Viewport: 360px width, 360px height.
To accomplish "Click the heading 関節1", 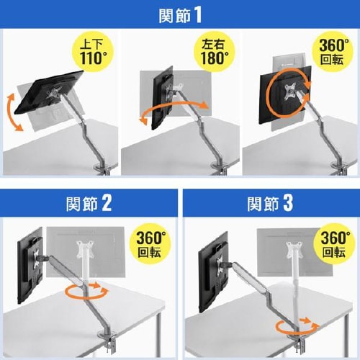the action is [180, 15].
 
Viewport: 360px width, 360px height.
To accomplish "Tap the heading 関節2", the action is [89, 203].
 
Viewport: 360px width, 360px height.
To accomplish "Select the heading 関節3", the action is [270, 203].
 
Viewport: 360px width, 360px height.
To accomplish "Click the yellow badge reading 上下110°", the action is [93, 52].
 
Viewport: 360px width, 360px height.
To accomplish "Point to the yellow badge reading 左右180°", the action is [215, 52].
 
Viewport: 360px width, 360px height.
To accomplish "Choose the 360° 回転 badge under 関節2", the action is [150, 243].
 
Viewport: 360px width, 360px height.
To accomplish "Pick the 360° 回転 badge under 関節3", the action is [336, 243].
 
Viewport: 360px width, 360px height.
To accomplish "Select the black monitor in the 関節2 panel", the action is [30, 265].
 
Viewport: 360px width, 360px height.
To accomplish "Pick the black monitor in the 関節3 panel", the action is [213, 272].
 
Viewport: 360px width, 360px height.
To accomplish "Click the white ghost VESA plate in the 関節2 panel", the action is [85, 250].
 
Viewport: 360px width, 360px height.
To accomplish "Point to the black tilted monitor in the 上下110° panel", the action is [49, 92].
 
